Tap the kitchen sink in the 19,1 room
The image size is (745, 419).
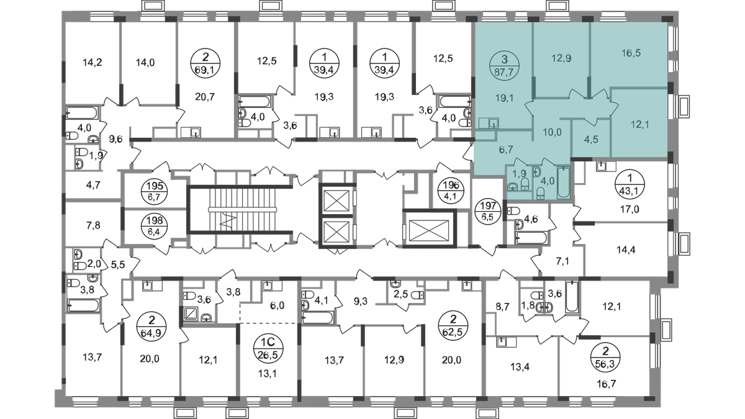click(490, 123)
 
